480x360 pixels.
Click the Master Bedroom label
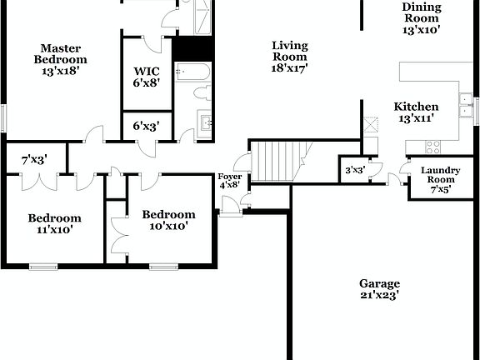pos(60,59)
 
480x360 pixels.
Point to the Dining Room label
pos(421,17)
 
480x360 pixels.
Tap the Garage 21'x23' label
pos(379,289)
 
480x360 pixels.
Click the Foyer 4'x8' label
pos(229,181)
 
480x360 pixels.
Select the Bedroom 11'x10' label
pos(54,224)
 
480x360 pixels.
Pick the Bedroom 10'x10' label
pos(168,220)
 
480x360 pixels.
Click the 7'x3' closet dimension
pos(34,158)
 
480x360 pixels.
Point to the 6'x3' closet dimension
pos(147,126)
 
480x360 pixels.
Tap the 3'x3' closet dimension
pos(354,171)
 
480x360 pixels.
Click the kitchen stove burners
pos(433,147)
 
